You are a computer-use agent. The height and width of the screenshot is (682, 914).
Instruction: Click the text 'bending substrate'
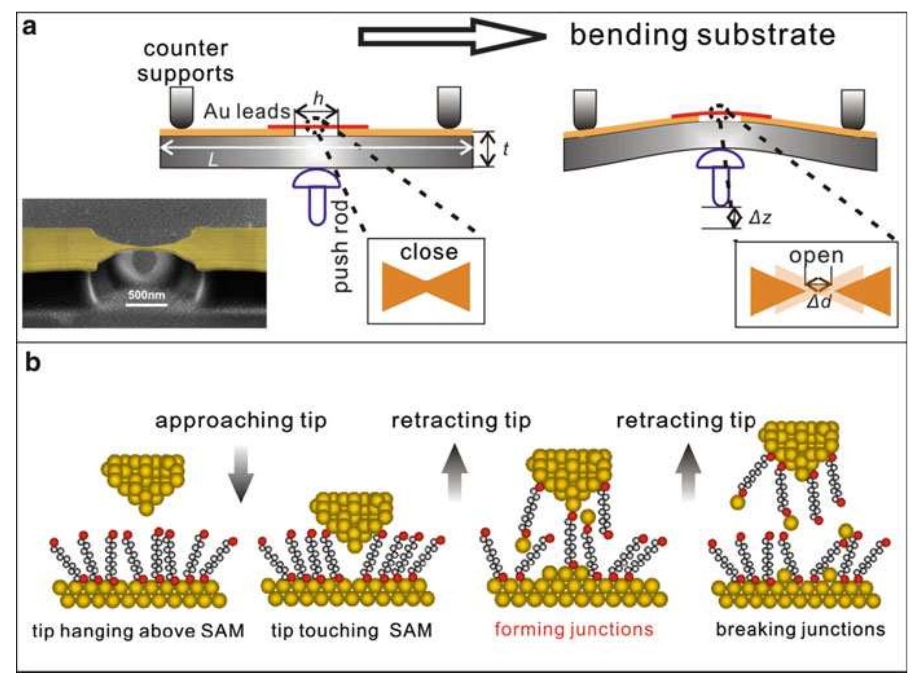coord(702,34)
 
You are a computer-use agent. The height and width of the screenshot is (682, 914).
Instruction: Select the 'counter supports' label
coord(185,61)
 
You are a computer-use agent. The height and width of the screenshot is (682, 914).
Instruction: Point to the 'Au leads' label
coord(246,111)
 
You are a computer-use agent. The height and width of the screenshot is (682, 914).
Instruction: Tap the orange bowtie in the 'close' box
coord(426,287)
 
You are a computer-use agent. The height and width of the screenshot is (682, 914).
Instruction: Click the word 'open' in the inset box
coord(816,255)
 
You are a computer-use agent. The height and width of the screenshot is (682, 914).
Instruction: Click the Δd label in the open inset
coord(819,302)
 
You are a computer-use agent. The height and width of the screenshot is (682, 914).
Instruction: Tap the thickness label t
coord(505,149)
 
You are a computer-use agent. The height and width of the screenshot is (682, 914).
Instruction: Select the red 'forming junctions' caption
coord(574,629)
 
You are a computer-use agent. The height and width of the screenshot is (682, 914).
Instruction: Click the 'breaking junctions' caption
coord(800,629)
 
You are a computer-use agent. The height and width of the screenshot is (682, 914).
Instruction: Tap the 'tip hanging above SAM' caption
coord(138,630)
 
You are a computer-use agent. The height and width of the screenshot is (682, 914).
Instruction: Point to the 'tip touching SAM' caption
coord(351,630)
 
